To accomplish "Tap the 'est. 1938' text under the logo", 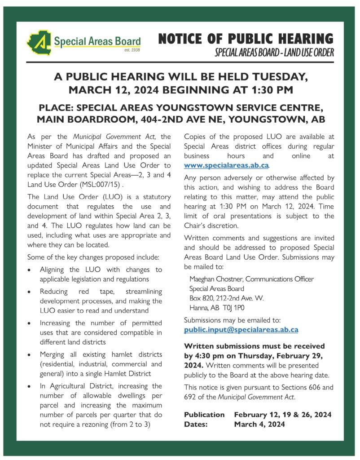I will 132,50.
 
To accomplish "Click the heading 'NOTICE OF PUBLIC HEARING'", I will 246,39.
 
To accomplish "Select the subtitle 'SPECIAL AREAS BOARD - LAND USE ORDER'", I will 274,53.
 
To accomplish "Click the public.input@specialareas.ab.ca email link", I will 241,330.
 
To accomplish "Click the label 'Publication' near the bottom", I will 204,414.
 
